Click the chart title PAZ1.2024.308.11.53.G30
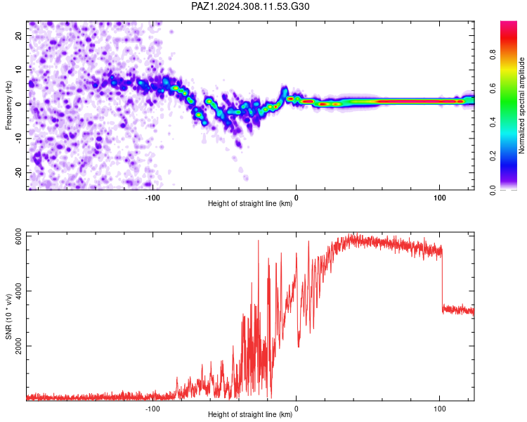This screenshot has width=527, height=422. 250,6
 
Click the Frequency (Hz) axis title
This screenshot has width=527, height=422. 8,105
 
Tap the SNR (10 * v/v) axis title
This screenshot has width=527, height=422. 8,316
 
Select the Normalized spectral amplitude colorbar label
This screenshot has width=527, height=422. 521,105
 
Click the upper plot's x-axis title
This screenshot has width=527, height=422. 250,203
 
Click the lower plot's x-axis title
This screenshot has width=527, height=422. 250,414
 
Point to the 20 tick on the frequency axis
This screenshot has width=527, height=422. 19,35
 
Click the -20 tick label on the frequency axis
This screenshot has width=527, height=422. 19,172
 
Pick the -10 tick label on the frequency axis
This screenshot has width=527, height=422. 19,138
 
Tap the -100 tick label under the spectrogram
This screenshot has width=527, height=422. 152,198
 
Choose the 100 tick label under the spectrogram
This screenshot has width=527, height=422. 439,198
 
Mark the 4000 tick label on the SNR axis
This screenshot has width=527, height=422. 19,290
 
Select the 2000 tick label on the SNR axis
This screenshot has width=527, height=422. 19,346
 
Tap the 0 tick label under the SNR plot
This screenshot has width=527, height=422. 296,409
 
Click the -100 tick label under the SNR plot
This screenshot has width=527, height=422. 152,409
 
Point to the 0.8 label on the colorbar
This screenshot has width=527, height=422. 493,54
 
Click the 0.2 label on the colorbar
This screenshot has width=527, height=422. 493,156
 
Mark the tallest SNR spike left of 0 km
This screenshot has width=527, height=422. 258,241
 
